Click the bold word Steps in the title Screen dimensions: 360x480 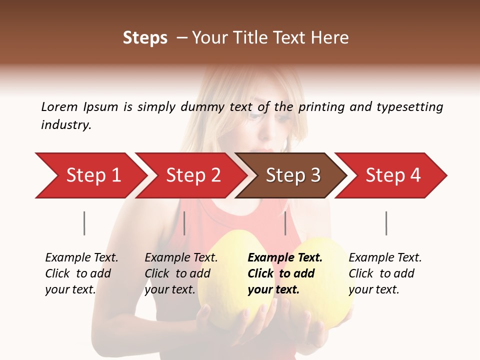tap(145, 38)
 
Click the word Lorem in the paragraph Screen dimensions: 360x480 tap(59, 106)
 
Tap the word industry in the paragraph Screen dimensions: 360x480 tap(66, 125)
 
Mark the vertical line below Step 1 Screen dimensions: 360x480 tap(84, 223)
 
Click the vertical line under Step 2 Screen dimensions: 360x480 tap(184, 223)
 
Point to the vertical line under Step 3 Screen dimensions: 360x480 tap(285, 223)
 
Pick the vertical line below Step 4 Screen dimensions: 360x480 tap(386, 223)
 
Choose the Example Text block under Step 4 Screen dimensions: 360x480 tap(385, 273)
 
